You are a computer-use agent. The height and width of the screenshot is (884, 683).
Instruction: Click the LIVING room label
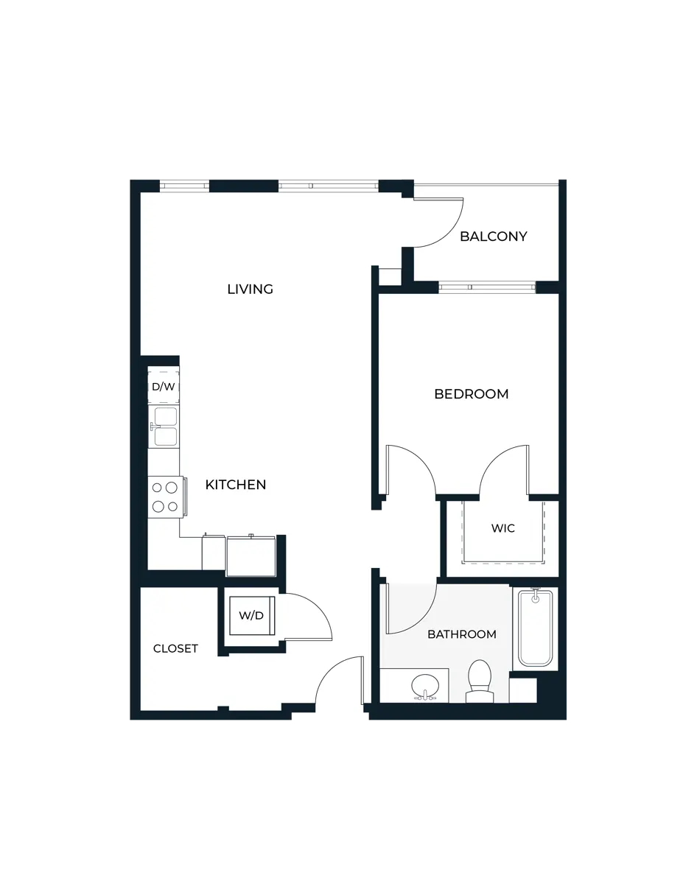250,290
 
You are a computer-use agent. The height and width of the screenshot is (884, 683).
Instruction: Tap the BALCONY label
493,236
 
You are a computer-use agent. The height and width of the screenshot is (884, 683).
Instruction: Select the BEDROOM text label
471,394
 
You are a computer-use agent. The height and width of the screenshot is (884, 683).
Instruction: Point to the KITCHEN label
235,485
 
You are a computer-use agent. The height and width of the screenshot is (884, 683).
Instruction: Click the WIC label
502,528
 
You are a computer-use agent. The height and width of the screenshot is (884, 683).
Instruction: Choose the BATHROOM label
462,634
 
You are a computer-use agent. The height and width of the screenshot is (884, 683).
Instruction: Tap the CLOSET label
175,649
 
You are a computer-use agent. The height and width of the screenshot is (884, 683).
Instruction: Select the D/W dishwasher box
163,386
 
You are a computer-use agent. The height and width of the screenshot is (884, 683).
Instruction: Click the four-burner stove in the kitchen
164,497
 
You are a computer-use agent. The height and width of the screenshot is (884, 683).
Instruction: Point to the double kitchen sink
164,427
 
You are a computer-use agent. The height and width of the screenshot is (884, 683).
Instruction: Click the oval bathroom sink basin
424,685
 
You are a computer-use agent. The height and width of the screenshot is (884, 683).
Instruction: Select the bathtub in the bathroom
535,628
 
